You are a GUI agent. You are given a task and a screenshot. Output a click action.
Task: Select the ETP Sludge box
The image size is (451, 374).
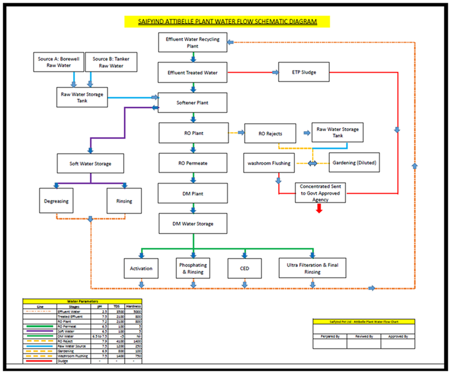click(303, 73)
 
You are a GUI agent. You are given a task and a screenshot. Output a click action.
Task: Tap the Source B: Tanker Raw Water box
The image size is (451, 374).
click(111, 62)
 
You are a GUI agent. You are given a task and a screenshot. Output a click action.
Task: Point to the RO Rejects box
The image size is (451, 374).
click(270, 133)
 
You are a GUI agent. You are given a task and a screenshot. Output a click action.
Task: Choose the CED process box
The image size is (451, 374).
click(244, 269)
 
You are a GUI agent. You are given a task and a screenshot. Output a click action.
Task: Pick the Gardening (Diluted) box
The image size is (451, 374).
click(353, 163)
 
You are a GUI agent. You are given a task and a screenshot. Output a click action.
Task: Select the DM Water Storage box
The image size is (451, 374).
click(193, 224)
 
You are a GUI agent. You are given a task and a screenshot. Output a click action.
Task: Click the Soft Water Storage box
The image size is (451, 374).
click(90, 164)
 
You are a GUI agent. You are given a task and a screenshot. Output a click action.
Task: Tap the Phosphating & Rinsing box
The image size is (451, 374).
click(193, 269)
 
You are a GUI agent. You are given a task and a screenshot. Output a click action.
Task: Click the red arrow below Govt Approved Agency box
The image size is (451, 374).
click(319, 208)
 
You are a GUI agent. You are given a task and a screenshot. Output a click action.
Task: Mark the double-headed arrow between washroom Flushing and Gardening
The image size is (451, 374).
click(312, 163)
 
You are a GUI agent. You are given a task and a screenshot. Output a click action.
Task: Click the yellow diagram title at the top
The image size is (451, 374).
click(227, 22)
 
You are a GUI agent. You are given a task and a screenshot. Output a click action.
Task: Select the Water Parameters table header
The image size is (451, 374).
click(82, 301)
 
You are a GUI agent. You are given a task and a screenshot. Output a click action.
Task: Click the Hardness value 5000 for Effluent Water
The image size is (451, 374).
click(133, 311)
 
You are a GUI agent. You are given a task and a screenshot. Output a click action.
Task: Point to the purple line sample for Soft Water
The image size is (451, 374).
click(39, 331)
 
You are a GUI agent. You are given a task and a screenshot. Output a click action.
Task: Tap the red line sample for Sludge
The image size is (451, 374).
click(39, 361)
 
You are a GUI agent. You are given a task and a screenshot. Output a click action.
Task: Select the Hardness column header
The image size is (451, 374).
click(133, 306)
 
